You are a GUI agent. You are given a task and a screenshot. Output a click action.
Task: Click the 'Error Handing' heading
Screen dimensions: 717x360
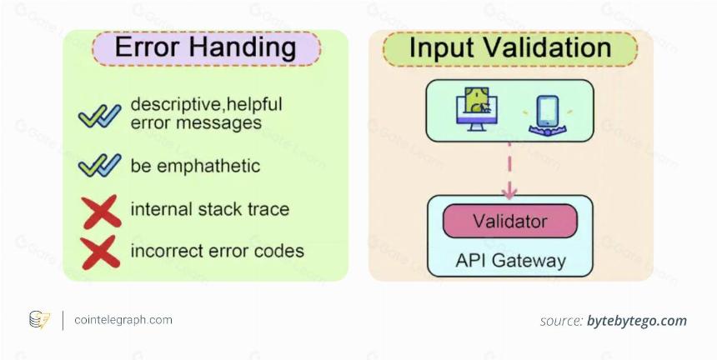(205, 47)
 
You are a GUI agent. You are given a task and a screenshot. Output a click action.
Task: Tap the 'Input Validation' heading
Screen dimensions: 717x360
(510, 47)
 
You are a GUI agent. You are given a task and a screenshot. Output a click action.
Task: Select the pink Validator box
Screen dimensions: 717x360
(510, 221)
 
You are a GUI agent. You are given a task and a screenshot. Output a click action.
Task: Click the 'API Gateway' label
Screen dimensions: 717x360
(510, 260)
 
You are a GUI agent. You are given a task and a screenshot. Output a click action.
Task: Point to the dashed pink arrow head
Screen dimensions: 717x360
(509, 192)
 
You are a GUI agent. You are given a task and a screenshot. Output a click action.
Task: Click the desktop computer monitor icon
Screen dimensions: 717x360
(477, 109)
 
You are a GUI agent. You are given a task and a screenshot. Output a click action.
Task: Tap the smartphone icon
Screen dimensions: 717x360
(548, 116)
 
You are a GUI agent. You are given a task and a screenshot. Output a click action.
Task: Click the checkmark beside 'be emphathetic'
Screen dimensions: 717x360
(100, 165)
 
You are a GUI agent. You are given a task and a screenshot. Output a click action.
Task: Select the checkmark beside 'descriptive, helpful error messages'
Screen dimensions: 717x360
(100, 116)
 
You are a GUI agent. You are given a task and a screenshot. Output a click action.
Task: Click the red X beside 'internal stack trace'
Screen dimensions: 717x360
(101, 212)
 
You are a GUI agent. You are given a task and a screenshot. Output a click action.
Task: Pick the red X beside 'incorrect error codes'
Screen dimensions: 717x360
(100, 252)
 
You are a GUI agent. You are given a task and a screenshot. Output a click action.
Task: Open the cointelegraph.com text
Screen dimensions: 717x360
(123, 320)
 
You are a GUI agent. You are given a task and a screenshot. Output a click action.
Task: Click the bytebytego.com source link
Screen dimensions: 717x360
(637, 321)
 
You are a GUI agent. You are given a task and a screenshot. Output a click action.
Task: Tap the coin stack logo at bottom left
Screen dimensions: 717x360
(40, 320)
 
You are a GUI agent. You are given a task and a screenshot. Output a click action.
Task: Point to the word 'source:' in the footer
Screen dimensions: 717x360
(561, 321)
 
